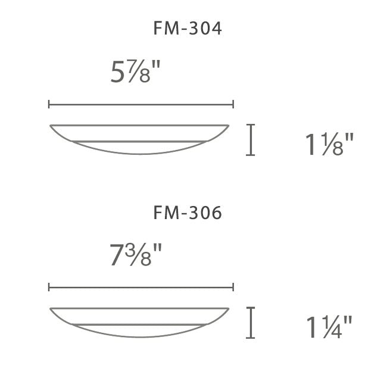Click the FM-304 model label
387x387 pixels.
(188, 29)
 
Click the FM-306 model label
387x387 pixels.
(188, 213)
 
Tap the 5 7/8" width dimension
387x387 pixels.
(136, 73)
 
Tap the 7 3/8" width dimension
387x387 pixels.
(136, 256)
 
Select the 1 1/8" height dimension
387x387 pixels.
(329, 145)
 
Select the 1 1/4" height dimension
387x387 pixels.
(329, 327)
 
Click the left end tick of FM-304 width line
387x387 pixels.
(49, 105)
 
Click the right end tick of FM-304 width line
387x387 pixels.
(233, 105)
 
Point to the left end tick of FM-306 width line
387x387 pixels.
(49, 288)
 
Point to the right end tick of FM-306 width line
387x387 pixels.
(233, 288)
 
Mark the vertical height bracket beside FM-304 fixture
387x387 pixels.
(251, 140)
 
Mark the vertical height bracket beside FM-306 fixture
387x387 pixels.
(251, 323)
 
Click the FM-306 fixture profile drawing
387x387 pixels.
(140, 322)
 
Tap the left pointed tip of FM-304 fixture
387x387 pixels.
(51, 126)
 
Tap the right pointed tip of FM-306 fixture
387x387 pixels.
(229, 308)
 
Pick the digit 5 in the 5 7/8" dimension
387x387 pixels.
(118, 73)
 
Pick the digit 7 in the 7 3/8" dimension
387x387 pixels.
(117, 256)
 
